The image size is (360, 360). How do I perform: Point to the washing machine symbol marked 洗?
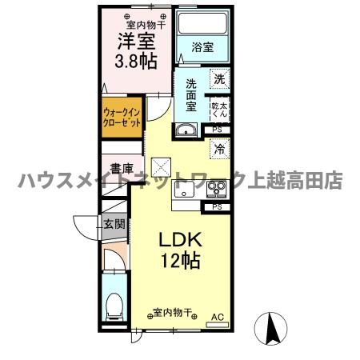[x=219, y=79]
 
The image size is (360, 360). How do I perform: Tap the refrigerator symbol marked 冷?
[x=218, y=148]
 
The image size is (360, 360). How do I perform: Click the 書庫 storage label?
[x=122, y=168]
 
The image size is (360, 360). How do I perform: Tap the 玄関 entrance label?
[x=114, y=225]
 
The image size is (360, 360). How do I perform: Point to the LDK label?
[x=182, y=240]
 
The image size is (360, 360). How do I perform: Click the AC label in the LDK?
[x=215, y=318]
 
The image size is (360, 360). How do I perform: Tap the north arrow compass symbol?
[x=273, y=328]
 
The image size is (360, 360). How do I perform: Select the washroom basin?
[x=187, y=130]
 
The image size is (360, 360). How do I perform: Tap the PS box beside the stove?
[x=218, y=207]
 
